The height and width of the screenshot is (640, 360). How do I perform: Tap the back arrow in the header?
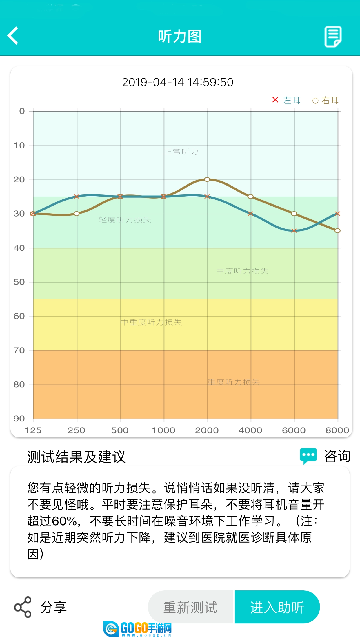(13, 36)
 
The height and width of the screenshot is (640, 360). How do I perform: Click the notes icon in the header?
(333, 37)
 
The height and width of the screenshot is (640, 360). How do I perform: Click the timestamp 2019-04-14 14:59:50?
(177, 82)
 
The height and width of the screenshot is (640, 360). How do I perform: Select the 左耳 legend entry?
(287, 100)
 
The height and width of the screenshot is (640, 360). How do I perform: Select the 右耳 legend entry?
(326, 101)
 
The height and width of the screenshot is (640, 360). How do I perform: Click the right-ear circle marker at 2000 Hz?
(207, 179)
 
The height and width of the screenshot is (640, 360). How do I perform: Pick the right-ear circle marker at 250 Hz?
(77, 214)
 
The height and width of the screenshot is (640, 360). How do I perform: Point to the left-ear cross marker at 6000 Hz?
(294, 231)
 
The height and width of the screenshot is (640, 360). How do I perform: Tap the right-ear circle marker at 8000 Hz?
(337, 231)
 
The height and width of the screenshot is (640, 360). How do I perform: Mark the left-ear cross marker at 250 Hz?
(77, 197)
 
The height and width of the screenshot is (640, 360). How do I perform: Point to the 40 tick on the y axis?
(19, 248)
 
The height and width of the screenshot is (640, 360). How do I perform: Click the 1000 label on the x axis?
(163, 430)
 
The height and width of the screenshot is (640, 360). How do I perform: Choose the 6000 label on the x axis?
(294, 430)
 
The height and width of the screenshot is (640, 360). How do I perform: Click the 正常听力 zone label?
(181, 152)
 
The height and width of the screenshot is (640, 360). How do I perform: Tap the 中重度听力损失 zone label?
(151, 322)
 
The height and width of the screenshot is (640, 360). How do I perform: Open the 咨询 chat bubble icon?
(308, 456)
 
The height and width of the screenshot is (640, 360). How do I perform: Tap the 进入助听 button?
(277, 607)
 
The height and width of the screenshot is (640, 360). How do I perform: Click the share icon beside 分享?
(23, 607)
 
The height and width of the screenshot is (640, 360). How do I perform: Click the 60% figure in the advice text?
(64, 521)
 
